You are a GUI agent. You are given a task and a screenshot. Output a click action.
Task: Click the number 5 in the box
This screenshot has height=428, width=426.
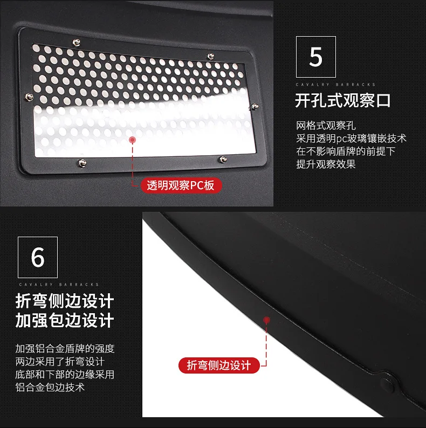click(315, 57)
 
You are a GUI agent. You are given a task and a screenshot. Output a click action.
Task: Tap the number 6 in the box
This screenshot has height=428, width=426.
click(38, 257)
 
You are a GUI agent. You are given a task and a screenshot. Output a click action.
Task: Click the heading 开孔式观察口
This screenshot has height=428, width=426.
click(343, 100)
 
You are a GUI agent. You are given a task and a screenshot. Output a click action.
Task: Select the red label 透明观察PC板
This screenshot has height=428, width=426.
click(181, 185)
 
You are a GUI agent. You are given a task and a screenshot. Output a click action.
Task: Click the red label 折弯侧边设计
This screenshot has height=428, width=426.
click(219, 365)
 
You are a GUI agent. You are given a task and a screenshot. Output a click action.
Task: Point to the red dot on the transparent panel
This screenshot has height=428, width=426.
click(133, 140)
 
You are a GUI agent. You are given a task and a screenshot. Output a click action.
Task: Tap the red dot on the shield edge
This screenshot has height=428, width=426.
click(266, 320)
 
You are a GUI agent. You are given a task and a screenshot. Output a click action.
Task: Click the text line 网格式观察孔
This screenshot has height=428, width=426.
click(326, 126)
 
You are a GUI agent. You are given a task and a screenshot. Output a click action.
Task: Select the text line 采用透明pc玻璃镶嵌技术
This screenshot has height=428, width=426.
click(352, 139)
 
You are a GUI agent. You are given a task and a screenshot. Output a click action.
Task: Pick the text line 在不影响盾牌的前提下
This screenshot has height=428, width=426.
click(346, 151)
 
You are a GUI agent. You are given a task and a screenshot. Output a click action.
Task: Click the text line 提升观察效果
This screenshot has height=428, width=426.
click(326, 164)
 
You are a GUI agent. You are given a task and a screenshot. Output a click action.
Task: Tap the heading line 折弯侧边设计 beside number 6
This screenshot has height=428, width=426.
click(65, 301)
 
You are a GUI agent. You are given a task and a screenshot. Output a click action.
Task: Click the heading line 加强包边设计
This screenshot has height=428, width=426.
click(65, 320)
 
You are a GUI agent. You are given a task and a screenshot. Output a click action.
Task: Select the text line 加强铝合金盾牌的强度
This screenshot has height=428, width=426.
click(65, 349)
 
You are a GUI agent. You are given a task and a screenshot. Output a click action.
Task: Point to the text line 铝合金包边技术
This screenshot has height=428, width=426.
click(50, 387)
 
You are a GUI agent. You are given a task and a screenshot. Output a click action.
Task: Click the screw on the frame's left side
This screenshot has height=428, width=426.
click(29, 96)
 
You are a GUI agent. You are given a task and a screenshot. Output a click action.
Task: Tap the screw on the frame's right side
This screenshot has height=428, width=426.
click(255, 106)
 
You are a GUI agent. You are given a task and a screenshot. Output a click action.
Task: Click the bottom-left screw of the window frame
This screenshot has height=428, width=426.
click(82, 163)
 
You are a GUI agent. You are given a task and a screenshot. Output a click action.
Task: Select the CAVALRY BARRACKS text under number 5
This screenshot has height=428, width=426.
click(335, 85)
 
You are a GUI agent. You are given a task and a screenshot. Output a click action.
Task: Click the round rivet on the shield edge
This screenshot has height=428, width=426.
click(387, 384)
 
